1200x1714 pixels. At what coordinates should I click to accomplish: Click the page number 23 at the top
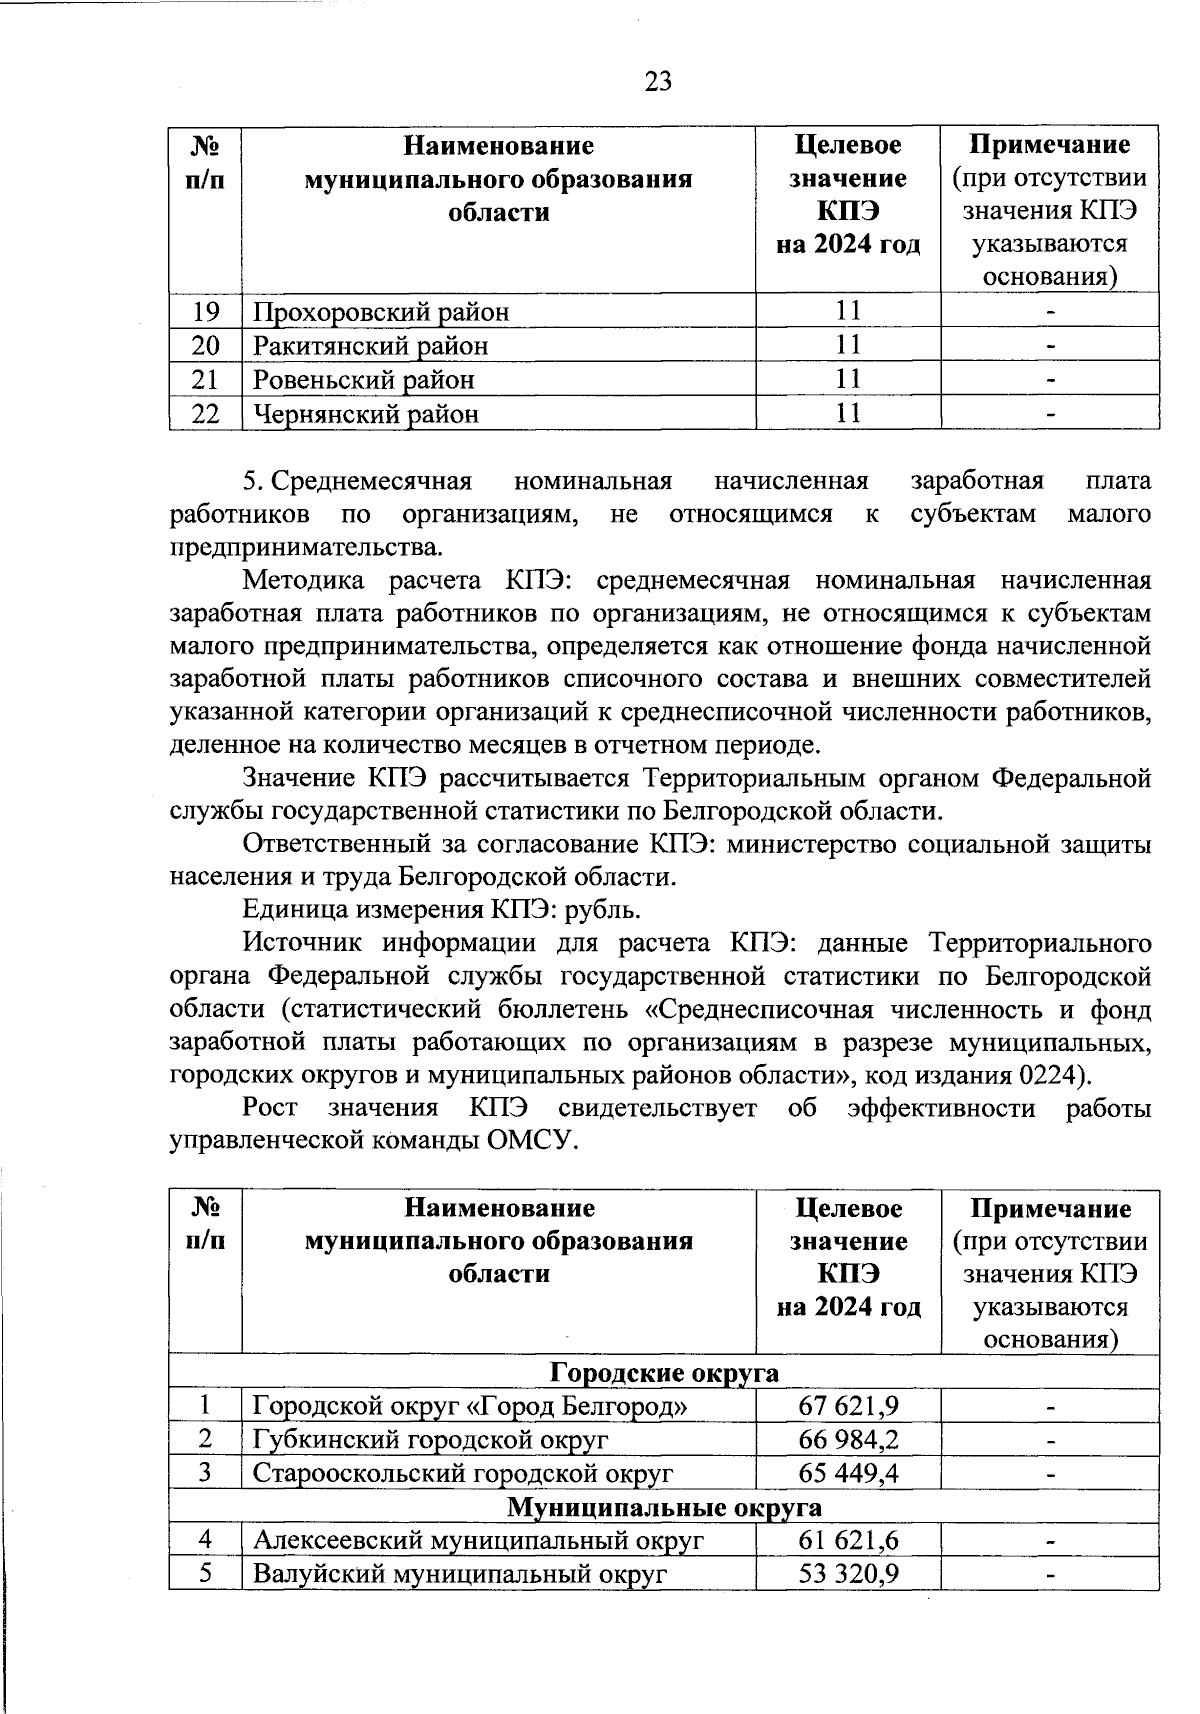pos(658,81)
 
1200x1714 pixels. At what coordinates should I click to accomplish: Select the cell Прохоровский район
pos(381,312)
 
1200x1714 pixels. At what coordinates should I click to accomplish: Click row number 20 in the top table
pos(205,346)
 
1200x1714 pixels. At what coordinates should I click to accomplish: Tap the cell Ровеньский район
pos(364,380)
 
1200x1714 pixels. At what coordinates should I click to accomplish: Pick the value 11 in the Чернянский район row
pos(848,413)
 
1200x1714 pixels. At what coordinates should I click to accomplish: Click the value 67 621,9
pos(848,1406)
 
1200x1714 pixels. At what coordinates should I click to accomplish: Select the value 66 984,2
pos(848,1439)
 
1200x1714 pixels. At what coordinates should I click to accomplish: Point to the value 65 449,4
pos(848,1473)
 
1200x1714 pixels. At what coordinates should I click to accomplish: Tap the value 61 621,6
pos(848,1540)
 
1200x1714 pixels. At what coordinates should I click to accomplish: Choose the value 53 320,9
pos(848,1574)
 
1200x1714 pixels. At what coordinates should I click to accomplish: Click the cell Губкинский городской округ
pos(430,1440)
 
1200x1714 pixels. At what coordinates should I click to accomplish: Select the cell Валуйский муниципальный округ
pos(459,1574)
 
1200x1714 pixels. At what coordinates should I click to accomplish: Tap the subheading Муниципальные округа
pos(664,1507)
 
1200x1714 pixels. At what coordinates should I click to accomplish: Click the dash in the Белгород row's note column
pos(1050,1407)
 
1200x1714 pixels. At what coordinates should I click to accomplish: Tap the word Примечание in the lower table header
pos(1050,1209)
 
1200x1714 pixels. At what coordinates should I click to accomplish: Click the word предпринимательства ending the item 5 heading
pos(304,548)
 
